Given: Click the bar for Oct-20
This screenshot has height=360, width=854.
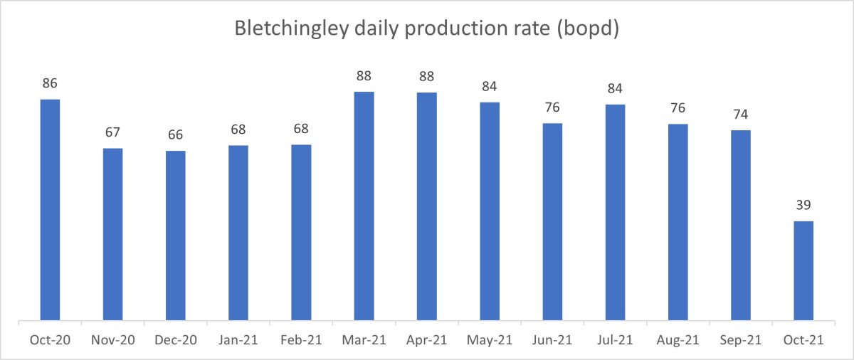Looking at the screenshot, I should (50, 210).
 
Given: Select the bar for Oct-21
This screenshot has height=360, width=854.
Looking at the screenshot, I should (803, 271).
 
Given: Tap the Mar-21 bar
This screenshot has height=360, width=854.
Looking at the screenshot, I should (364, 206).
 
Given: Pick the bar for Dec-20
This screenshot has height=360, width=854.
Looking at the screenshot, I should (175, 235).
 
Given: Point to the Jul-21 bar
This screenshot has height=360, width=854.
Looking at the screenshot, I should (615, 213).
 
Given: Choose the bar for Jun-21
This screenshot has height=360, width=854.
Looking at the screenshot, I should (552, 222).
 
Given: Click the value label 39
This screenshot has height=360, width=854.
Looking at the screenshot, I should (803, 206).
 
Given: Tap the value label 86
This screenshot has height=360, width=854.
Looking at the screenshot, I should (50, 83).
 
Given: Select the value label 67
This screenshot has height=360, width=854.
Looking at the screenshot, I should (112, 132).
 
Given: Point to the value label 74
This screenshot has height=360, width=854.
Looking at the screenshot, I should (741, 115).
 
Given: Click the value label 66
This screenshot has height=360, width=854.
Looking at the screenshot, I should (175, 135).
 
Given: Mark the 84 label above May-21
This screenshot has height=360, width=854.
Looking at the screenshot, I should (490, 87).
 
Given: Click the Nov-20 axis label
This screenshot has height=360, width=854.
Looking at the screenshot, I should (112, 341).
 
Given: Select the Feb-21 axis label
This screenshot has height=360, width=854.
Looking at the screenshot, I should (301, 341).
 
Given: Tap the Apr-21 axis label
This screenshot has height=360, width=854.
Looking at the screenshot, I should (426, 341).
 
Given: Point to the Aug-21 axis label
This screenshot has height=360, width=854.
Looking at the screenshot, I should (678, 341).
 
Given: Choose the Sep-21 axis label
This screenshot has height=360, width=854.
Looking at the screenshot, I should (741, 341).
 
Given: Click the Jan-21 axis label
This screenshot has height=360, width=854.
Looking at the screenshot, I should (238, 341).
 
